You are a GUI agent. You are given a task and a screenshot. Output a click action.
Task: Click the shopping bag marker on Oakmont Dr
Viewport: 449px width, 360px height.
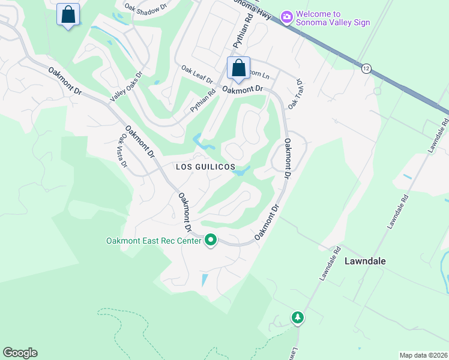click(x=238, y=68)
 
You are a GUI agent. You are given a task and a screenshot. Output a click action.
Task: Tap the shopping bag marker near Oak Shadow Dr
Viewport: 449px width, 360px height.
click(x=68, y=15)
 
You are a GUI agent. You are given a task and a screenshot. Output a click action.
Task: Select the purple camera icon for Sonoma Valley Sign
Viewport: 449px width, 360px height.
click(x=287, y=17)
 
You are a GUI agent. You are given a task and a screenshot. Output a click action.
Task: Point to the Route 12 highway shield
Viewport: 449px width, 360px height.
click(x=366, y=68)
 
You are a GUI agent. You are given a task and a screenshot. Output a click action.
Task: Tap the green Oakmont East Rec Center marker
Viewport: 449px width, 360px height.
click(x=211, y=241)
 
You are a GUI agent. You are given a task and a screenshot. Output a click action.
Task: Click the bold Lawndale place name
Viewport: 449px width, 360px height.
click(x=365, y=261)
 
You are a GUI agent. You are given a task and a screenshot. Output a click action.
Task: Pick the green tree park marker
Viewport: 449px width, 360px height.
click(x=298, y=317)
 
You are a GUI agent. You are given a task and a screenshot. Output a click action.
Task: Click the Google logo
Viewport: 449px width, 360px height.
click(x=20, y=352)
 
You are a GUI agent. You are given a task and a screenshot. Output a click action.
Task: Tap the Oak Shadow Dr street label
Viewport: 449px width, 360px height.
click(x=145, y=8)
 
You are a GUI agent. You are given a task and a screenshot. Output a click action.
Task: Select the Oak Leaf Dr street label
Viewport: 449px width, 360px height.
click(x=197, y=76)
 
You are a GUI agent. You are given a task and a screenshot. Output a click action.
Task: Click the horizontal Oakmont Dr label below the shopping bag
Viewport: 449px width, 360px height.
click(x=243, y=89)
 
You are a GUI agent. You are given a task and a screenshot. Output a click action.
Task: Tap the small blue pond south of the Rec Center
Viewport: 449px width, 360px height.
click(x=205, y=279)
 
